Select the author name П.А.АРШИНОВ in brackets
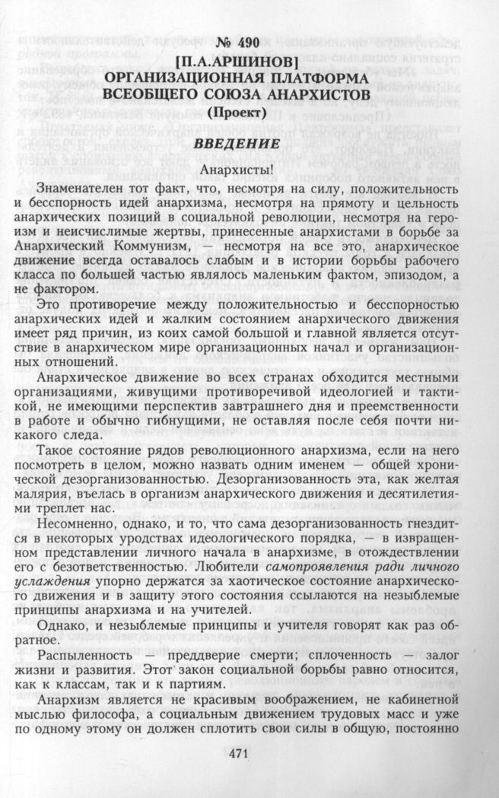[249, 62]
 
